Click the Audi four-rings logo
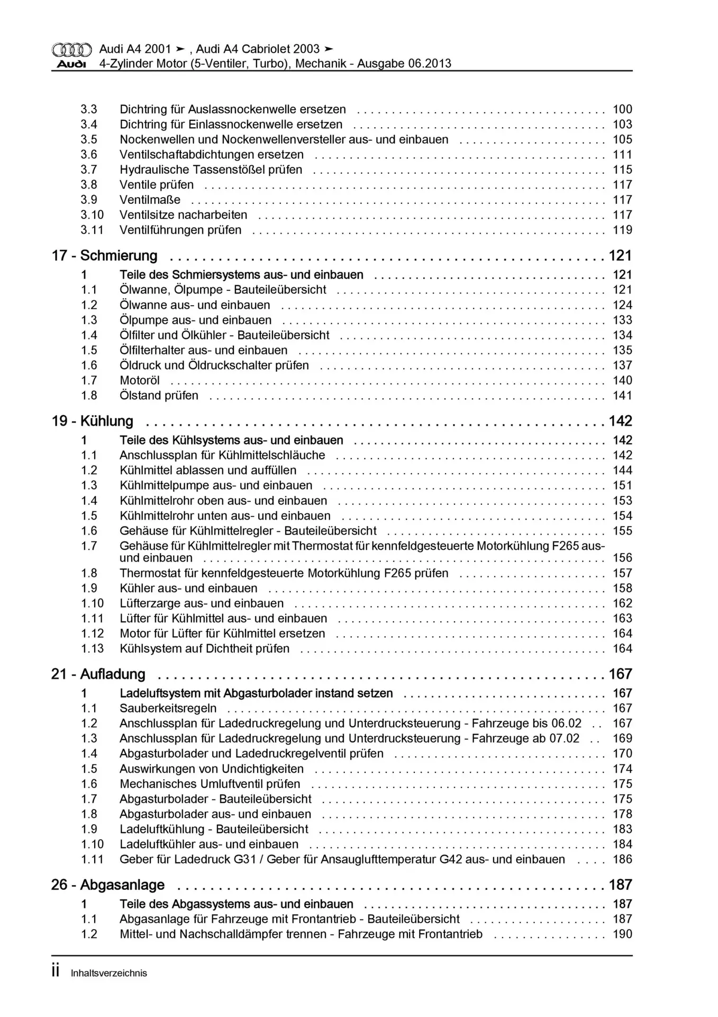click(x=71, y=50)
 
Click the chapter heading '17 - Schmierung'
click(x=104, y=256)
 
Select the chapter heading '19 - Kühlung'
click(x=92, y=421)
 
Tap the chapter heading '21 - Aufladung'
click(x=98, y=674)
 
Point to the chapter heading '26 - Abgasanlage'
click(x=107, y=885)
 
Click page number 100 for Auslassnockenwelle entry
click(x=622, y=110)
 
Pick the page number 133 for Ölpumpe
click(x=622, y=320)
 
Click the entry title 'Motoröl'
click(x=140, y=381)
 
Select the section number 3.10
click(x=92, y=215)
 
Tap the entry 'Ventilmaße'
click(x=150, y=200)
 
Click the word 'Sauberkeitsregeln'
click(x=168, y=709)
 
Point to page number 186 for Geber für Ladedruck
click(x=622, y=860)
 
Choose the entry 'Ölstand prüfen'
click(x=159, y=396)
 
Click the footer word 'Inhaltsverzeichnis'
click(x=108, y=973)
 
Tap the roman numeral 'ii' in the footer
click(x=55, y=971)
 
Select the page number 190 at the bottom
click(x=622, y=934)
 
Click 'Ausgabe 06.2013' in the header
click(x=404, y=64)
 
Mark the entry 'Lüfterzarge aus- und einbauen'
click(x=202, y=603)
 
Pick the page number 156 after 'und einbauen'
click(x=622, y=558)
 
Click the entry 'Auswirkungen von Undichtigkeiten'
click(x=212, y=769)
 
